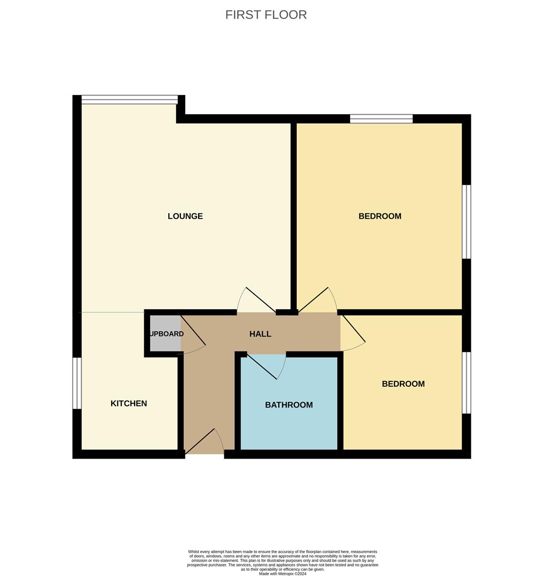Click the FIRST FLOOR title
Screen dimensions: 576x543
point(266,15)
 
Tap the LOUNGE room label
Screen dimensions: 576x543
point(185,216)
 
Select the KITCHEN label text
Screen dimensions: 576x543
point(129,403)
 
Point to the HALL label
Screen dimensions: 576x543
point(261,334)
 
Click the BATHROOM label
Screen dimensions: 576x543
point(289,405)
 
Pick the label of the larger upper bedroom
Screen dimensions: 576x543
point(380,216)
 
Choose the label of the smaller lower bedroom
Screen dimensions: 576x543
point(403,383)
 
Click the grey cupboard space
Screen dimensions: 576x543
point(164,333)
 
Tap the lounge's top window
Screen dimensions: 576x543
point(129,99)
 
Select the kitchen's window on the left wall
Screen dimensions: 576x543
point(77,383)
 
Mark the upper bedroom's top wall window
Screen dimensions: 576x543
point(381,118)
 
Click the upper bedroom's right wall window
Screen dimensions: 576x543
point(467,221)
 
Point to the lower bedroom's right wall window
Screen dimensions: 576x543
point(467,382)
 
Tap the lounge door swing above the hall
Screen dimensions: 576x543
point(255,302)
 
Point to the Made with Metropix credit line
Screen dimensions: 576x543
point(283,573)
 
